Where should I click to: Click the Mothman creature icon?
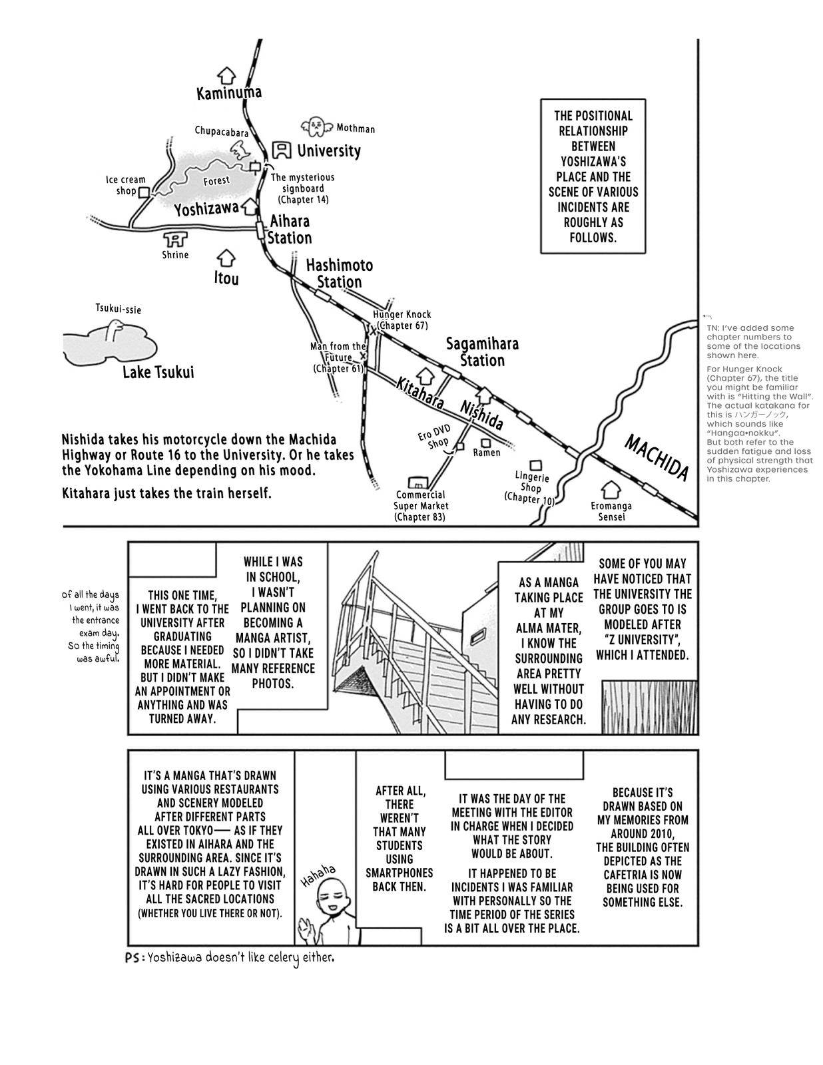pos(315,125)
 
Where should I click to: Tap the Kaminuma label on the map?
pos(228,93)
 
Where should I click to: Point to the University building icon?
pos(283,150)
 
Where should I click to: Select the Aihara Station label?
pos(289,230)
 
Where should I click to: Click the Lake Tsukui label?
pos(158,372)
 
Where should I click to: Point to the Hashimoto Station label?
pos(340,273)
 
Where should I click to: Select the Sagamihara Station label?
pos(482,352)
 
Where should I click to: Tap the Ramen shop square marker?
pos(486,442)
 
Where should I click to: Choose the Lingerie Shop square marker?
pos(535,466)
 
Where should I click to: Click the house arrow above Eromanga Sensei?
pos(610,490)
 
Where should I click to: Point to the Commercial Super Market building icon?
pos(418,481)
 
